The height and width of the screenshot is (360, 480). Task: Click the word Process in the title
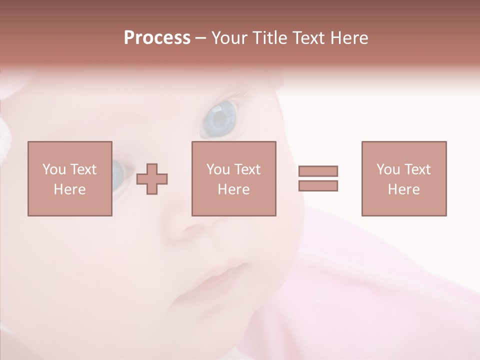click(157, 38)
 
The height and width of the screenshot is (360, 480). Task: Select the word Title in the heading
click(270, 38)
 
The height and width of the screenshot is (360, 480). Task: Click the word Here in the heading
click(349, 38)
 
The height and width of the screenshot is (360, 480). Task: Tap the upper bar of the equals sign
click(318, 171)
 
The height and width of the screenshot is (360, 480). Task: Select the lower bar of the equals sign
click(318, 186)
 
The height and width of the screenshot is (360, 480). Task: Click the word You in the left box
click(54, 169)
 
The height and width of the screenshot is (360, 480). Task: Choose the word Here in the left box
click(69, 189)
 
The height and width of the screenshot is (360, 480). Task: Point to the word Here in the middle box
click(233, 189)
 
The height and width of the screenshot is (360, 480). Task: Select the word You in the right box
click(388, 169)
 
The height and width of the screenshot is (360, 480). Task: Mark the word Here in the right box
click(403, 189)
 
